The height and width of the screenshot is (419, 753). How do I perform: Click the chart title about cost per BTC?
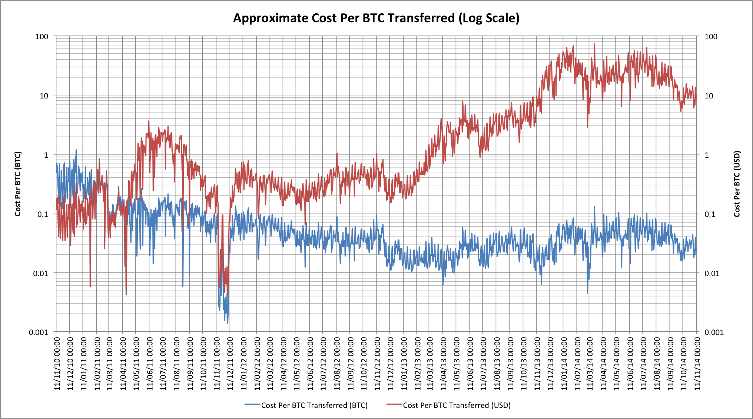click(x=376, y=18)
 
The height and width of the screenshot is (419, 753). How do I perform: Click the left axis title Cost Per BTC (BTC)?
click(x=18, y=184)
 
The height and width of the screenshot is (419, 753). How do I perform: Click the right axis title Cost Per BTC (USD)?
click(x=737, y=184)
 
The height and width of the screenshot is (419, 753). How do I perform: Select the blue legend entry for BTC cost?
click(x=306, y=405)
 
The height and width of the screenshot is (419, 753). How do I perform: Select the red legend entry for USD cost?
click(x=448, y=405)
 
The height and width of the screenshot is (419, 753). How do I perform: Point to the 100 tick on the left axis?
click(x=42, y=37)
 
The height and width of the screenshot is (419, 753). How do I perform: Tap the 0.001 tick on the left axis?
click(x=39, y=332)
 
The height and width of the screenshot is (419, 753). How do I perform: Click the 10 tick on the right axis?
click(x=709, y=96)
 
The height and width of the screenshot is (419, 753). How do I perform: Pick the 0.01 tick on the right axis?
click(x=711, y=274)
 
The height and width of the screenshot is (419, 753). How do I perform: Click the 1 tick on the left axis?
click(x=46, y=155)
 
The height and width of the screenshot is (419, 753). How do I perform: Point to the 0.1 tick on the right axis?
click(x=710, y=214)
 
